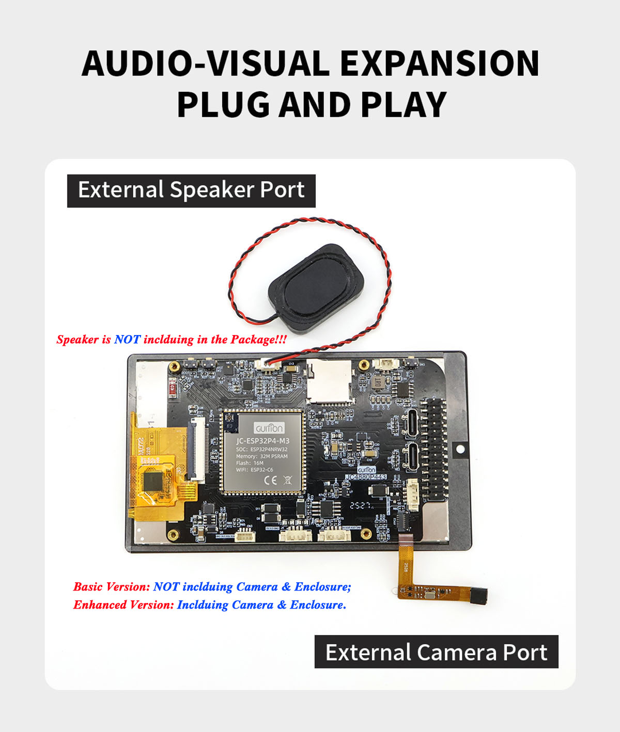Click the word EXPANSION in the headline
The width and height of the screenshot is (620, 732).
pos(439,63)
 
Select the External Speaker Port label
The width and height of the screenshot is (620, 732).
pos(191,190)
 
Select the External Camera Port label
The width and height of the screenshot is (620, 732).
pos(436,652)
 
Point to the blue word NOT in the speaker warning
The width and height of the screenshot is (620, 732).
pos(127,340)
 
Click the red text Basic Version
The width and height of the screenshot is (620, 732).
pos(112,587)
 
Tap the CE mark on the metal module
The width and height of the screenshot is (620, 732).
pos(270,480)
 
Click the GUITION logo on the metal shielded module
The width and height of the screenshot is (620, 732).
pos(269,428)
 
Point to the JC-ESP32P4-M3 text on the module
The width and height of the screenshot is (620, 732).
pos(262,441)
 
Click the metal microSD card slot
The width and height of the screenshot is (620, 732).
pos(330,383)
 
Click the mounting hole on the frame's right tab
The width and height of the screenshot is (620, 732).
pos(460,449)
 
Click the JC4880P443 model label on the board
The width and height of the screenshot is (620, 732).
pos(366,478)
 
